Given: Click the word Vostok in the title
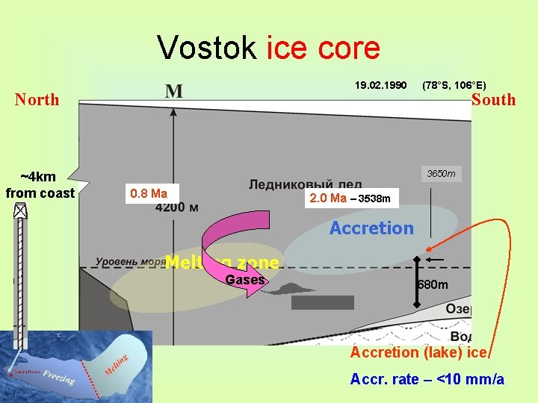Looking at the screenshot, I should tap(207, 49).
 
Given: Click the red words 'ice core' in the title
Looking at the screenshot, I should tap(323, 49).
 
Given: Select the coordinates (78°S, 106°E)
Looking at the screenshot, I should tap(454, 86).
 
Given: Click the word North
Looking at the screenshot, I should tap(37, 99).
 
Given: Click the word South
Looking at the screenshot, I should tap(493, 99).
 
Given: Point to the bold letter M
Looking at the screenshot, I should tap(173, 91).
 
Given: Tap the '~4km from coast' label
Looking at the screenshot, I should tap(40, 185).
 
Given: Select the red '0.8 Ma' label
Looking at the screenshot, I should tap(148, 193).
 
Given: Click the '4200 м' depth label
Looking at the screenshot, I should tap(177, 207).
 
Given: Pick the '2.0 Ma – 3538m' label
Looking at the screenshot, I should tap(350, 199).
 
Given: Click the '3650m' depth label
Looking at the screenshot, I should tap(440, 174).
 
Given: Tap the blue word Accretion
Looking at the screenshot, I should tap(371, 228).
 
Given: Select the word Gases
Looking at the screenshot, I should tap(244, 279).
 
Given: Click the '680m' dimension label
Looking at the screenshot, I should tap(433, 284).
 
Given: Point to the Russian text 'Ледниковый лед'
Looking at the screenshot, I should tap(305, 184).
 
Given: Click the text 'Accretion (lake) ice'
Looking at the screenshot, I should tap(419, 352).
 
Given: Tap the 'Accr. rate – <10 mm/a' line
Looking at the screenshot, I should tap(427, 379).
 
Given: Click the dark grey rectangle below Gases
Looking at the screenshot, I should tap(322, 302).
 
